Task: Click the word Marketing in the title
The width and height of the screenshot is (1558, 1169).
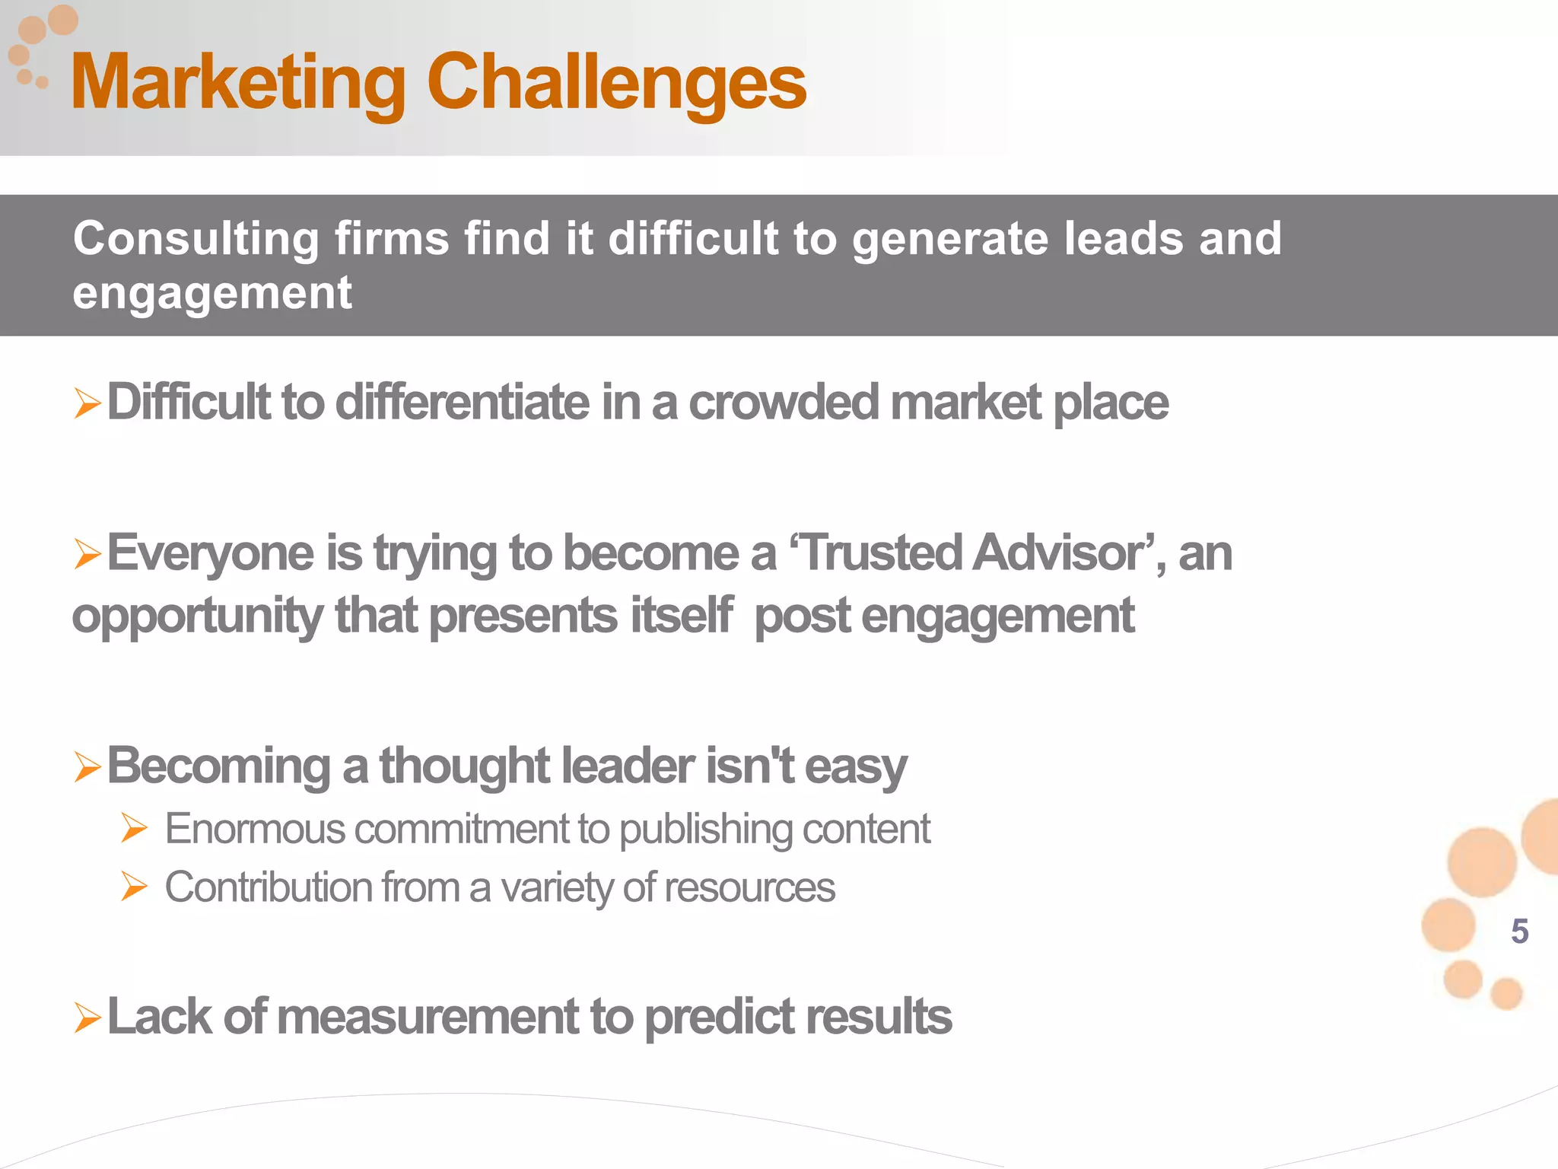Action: coord(237,82)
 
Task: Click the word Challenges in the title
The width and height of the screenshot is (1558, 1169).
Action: coord(616,82)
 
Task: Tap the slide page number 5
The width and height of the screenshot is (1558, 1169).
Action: coord(1519,932)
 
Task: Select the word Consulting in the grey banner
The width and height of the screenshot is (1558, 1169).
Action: coord(196,239)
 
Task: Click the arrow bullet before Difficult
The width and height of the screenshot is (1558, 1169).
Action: coord(87,403)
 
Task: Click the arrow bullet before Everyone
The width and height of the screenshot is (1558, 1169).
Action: coord(87,553)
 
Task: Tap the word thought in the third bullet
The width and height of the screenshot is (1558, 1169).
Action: coord(464,766)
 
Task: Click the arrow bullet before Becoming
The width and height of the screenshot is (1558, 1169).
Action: coord(87,766)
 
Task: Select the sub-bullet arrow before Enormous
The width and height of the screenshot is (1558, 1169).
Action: coord(134,828)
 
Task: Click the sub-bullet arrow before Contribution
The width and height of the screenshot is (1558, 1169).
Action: coord(134,887)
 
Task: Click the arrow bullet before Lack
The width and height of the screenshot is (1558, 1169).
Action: coord(87,1018)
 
